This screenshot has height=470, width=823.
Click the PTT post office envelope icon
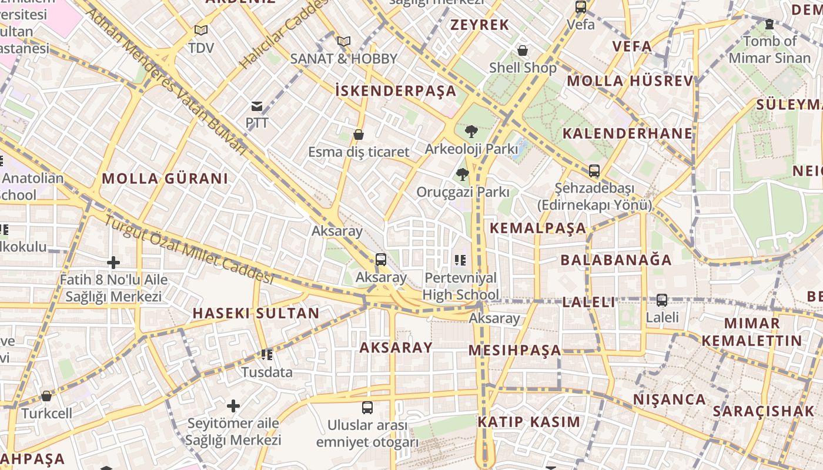click(x=257, y=106)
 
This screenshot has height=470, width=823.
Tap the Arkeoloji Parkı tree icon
click(x=470, y=132)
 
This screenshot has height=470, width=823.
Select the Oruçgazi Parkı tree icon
click(x=463, y=174)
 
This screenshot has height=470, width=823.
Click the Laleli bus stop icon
click(x=662, y=300)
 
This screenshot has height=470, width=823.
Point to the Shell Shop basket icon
click(x=522, y=51)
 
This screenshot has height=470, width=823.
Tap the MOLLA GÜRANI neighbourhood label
click(x=165, y=179)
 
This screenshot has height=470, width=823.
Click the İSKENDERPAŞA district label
click(x=396, y=90)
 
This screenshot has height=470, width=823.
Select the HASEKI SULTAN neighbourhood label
click(x=256, y=313)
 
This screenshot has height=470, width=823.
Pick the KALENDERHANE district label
click(x=627, y=133)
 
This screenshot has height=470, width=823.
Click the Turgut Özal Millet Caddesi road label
click(x=189, y=250)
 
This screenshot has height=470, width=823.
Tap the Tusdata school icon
click(x=267, y=355)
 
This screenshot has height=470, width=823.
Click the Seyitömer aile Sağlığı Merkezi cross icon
click(x=233, y=405)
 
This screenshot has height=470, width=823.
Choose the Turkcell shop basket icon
click(x=46, y=396)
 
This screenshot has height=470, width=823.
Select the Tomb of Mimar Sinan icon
click(x=769, y=24)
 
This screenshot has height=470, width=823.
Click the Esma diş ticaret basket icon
click(x=358, y=135)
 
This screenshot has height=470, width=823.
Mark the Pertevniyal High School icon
click(x=460, y=260)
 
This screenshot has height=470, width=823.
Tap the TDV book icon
click(x=201, y=30)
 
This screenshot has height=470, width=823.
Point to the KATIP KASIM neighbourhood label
click(x=528, y=422)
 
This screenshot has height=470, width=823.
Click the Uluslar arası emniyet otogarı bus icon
click(x=367, y=407)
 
